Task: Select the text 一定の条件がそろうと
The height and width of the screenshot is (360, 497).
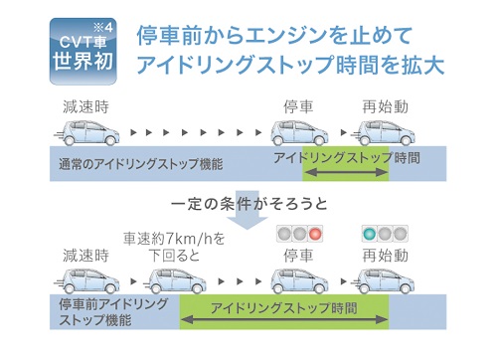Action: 248,207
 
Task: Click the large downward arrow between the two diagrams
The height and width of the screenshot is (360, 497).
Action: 248,188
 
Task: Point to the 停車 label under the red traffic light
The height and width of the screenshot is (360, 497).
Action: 299,256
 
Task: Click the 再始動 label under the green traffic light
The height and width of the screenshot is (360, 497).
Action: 384,256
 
